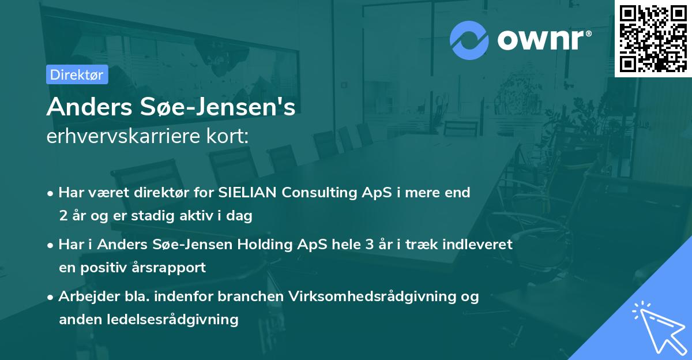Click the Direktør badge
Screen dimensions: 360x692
pos(77,74)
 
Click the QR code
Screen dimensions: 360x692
pos(653,38)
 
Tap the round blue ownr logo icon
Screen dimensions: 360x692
pos(468,40)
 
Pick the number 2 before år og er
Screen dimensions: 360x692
pos(62,216)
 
